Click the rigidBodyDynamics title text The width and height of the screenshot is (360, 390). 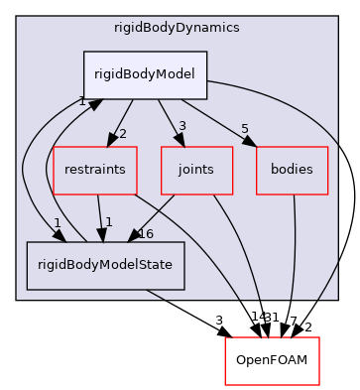pyautogui.click(x=176, y=28)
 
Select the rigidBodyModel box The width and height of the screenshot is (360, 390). pyautogui.click(x=145, y=74)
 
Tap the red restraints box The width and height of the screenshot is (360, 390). pyautogui.click(x=95, y=170)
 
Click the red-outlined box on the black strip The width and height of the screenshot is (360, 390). pyautogui.click(x=272, y=360)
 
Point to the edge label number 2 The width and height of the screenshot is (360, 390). pyautogui.click(x=123, y=134)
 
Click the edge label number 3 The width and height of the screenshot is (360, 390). pyautogui.click(x=181, y=126)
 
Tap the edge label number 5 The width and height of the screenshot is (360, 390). pyautogui.click(x=245, y=128)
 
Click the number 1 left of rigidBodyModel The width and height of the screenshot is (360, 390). pyautogui.click(x=83, y=101)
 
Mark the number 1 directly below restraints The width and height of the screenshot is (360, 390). pyautogui.click(x=107, y=221)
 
